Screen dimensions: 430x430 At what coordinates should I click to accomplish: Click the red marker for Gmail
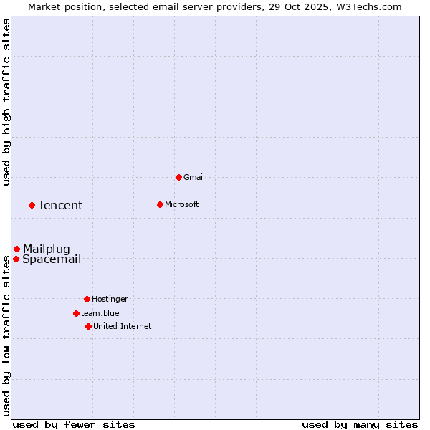coord(178,177)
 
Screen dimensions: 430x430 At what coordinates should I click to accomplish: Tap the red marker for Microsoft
coord(160,204)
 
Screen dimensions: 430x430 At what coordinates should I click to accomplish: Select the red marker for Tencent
coord(32,205)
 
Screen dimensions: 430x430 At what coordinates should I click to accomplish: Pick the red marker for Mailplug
coord(16,249)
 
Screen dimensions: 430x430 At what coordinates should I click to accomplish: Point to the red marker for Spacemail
coord(16,259)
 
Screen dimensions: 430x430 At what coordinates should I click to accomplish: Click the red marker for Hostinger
coord(87,299)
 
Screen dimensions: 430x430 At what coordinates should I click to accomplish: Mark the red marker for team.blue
coord(76,313)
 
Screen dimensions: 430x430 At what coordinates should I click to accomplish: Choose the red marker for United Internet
coord(88,326)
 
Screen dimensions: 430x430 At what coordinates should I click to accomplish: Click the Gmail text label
coord(194,177)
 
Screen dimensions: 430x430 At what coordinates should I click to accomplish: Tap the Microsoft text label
coord(182,204)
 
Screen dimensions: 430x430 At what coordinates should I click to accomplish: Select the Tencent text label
coord(60,206)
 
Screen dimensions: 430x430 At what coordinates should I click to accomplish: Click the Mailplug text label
coord(47,249)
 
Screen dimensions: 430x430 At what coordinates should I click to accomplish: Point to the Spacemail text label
coord(52,259)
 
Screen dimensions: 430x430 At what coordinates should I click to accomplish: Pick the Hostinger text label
coord(110,299)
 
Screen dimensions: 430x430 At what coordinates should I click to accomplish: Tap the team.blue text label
coord(100,313)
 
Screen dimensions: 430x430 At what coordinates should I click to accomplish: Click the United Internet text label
coord(123,326)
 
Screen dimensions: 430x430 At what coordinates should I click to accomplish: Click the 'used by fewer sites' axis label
coord(74,424)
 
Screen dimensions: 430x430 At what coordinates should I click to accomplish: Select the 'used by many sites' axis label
coord(360,424)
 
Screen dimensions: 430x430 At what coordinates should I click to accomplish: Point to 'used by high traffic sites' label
coord(7,102)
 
